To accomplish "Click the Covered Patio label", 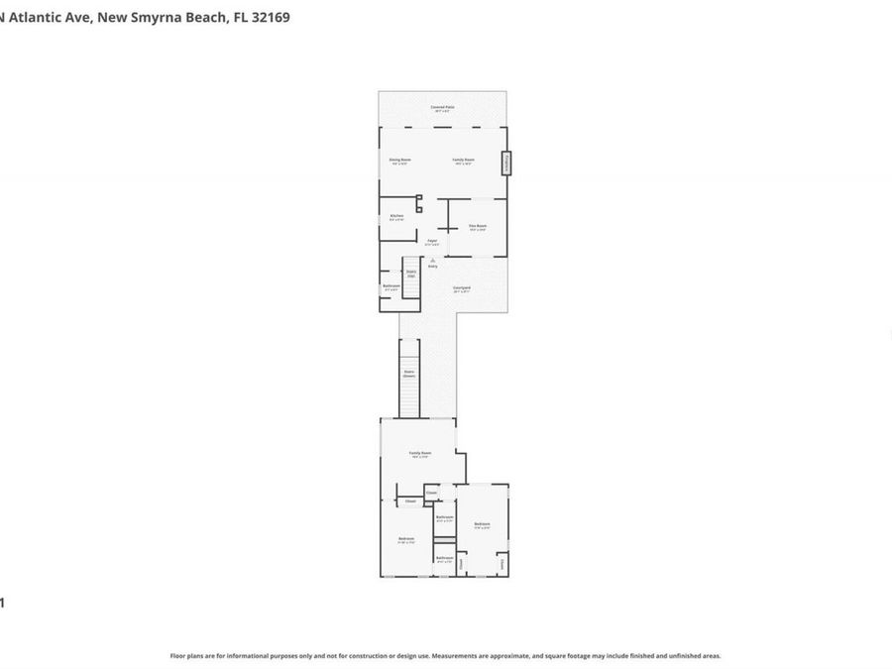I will tap(442, 106).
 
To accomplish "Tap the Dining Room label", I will tap(399, 160).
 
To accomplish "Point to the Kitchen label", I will tap(396, 215).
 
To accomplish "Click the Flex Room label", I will tap(478, 226).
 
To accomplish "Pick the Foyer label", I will tap(432, 241).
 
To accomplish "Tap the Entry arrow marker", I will tap(432, 261).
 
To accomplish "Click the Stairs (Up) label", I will tap(410, 273).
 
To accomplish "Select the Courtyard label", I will tap(462, 288).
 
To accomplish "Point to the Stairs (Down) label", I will tap(409, 374).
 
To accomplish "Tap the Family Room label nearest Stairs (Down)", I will tap(420, 453).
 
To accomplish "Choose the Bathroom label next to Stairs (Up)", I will tap(390, 286).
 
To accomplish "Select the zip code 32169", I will tap(270, 17).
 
